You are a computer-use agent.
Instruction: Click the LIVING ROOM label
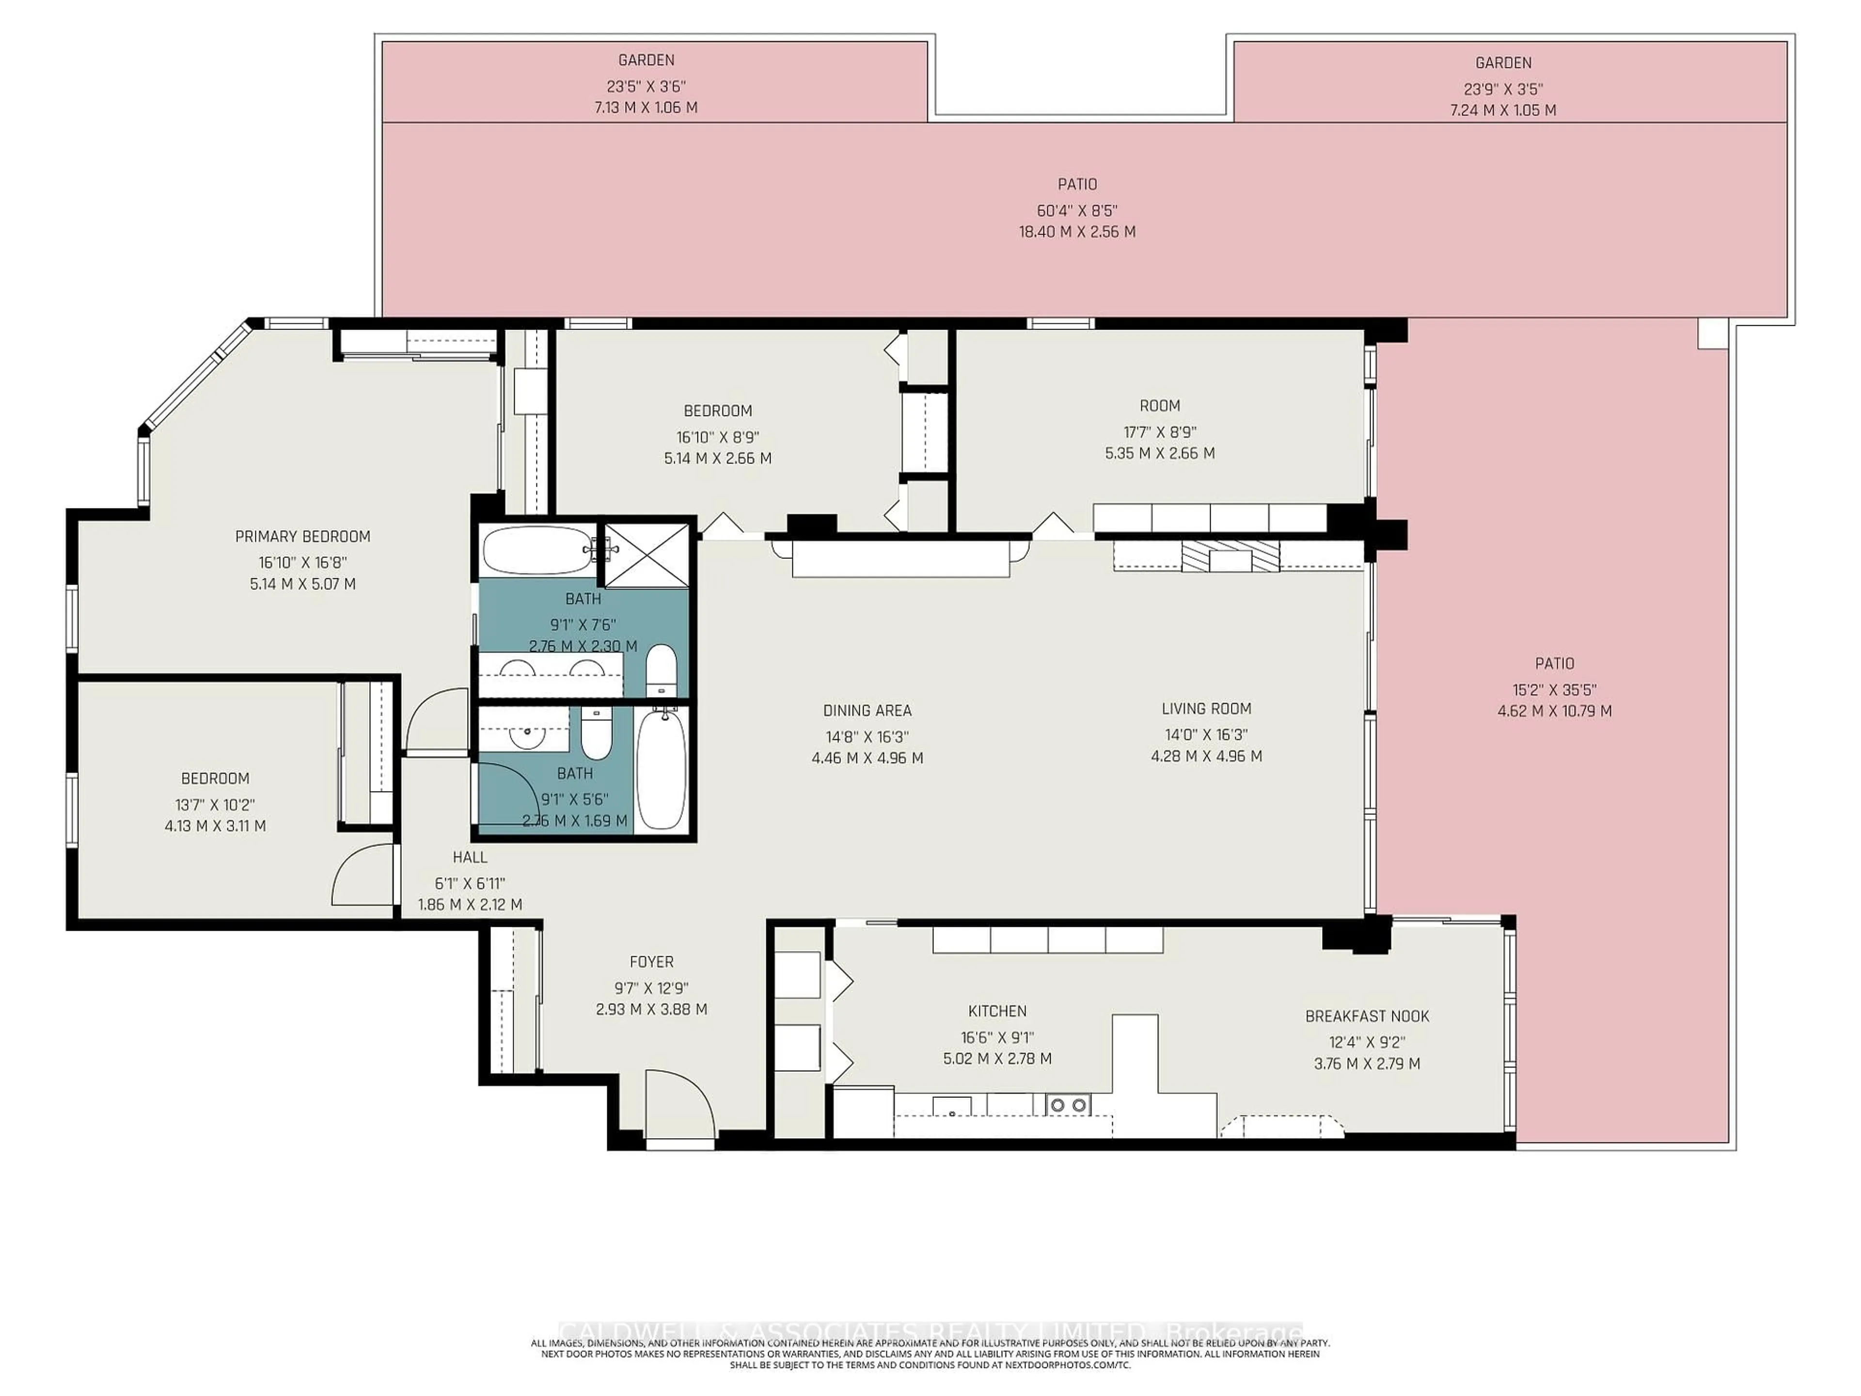(1206, 709)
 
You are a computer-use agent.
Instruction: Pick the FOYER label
(651, 961)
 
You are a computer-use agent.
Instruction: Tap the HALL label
(470, 857)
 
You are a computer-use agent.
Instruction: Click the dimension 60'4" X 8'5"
(1077, 210)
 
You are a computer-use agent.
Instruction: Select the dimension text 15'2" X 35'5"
(1554, 689)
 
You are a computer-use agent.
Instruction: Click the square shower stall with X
(646, 555)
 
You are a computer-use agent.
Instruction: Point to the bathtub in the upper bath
(538, 550)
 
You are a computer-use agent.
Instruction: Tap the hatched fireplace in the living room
(1230, 556)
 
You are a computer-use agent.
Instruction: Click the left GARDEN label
(646, 60)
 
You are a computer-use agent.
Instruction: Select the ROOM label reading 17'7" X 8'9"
(1159, 406)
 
